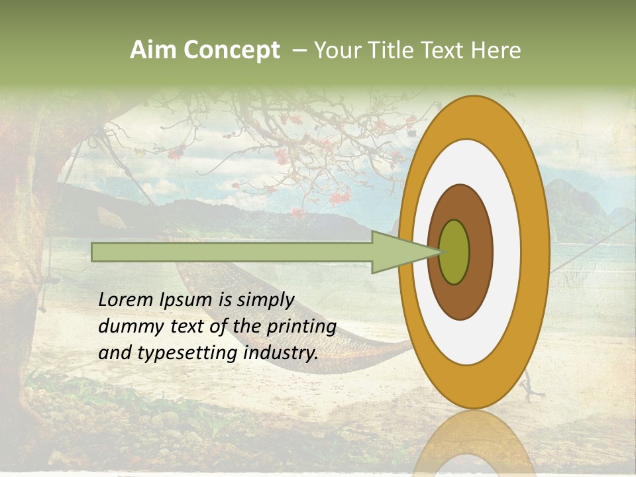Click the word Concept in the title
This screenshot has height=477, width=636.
pos(233,50)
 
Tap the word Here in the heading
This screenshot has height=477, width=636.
pos(496,50)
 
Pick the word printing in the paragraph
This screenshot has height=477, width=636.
pos(301,327)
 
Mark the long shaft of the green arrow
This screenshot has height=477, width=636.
pos(232,252)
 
